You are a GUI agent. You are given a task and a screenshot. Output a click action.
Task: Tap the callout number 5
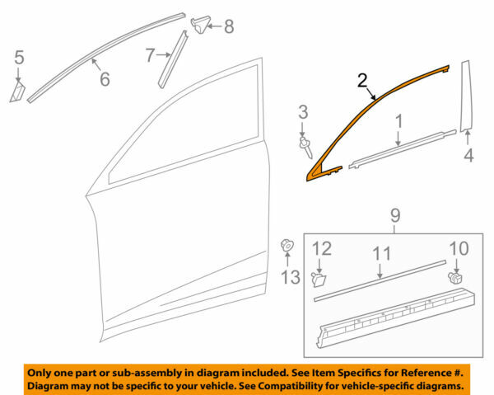point(19,57)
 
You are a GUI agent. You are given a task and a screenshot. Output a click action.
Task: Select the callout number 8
point(228,27)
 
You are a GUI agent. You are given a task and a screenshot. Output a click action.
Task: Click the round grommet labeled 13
point(287,246)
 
